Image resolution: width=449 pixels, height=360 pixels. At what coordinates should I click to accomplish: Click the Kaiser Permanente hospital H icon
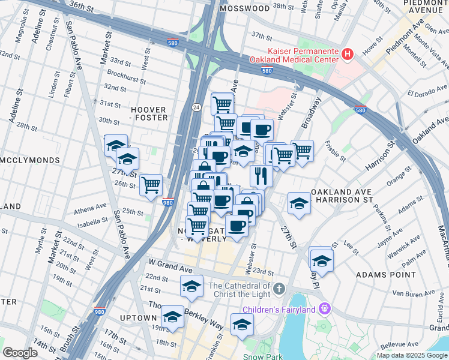tap(347, 55)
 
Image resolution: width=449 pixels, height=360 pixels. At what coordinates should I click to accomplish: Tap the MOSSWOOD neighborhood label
tap(245, 9)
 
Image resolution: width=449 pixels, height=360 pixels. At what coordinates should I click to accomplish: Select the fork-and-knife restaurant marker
tap(261, 175)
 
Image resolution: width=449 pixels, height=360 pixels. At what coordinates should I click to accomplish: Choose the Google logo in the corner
tap(20, 353)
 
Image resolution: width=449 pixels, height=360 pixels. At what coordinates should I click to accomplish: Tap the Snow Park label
tap(262, 356)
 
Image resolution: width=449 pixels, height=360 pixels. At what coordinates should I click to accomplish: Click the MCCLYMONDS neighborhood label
tap(30, 161)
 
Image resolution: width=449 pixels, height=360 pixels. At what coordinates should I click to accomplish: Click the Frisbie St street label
tap(335, 151)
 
